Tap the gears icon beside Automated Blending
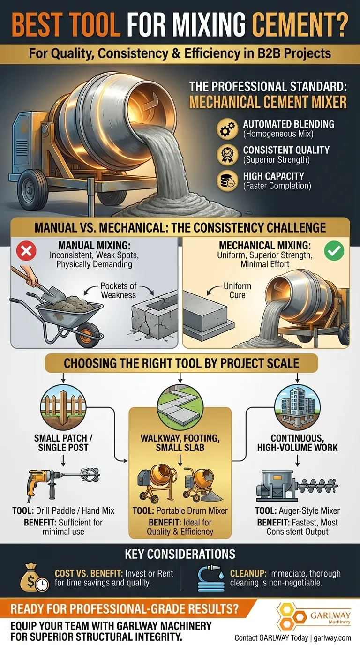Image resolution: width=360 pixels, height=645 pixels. tap(227, 129)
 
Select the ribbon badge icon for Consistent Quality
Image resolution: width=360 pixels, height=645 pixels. tap(227, 155)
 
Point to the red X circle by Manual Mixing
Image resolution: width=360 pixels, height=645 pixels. tap(26, 251)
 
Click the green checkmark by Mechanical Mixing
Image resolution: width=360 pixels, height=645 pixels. tap(334, 251)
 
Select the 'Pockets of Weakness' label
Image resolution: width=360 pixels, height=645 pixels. tap(119, 291)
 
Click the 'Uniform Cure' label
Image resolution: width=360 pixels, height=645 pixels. tap(237, 291)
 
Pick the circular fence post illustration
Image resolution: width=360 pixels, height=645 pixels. tap(63, 407)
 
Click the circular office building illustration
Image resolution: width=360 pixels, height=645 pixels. tap(297, 407)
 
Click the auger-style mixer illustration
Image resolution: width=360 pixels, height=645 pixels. tap(297, 486)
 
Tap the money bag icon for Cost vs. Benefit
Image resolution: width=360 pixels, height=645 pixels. tap(34, 577)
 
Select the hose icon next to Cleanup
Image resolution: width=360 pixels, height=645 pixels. tap(211, 577)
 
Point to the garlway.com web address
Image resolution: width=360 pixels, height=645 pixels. tap(332, 638)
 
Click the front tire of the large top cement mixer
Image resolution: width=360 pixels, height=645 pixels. tap(32, 189)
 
